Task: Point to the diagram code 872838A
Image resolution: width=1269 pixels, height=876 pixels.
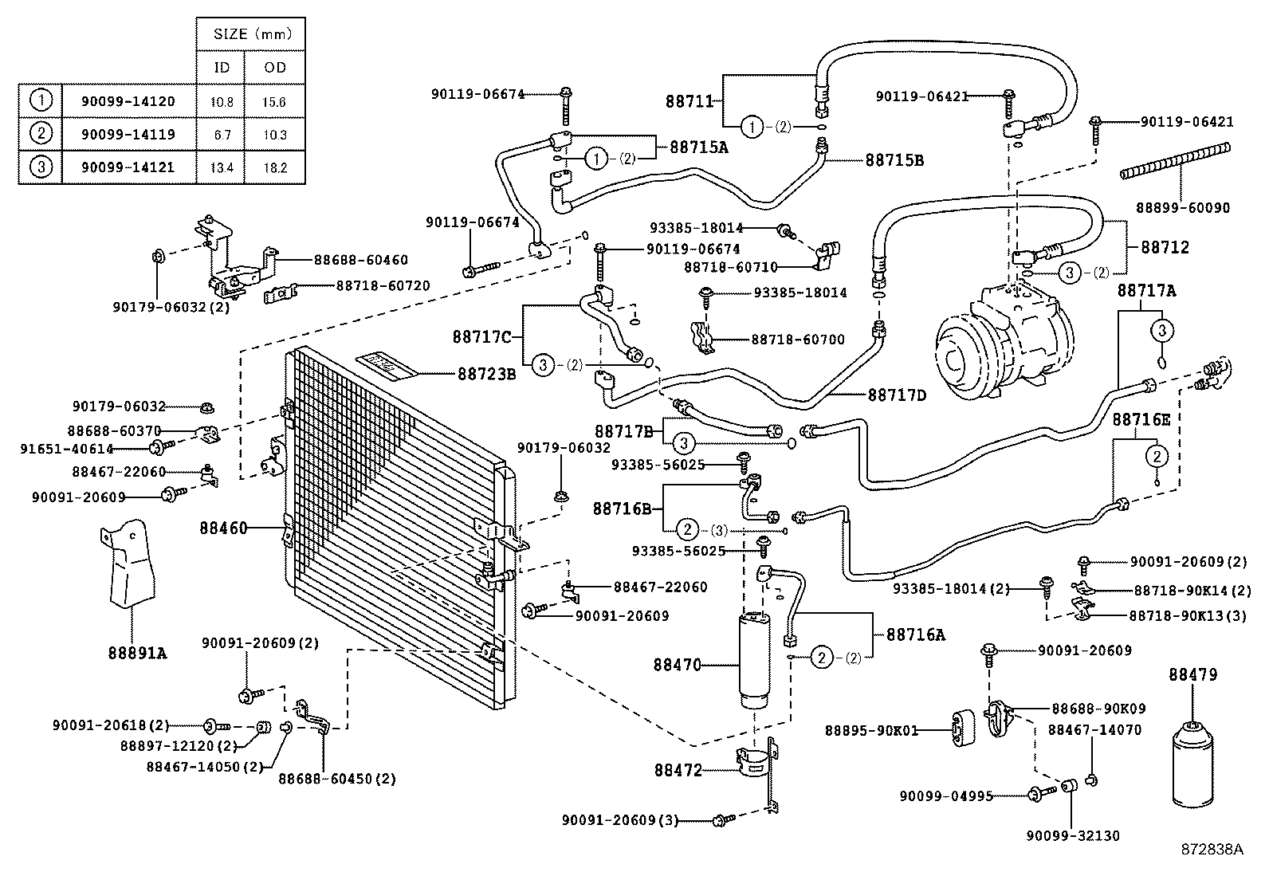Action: (1212, 850)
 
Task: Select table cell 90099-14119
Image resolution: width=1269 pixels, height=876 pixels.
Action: (128, 135)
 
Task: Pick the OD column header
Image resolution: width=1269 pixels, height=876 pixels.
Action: (275, 68)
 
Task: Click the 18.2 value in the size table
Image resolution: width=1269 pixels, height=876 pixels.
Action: (275, 168)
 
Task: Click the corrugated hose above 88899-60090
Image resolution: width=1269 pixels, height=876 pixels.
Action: (1175, 160)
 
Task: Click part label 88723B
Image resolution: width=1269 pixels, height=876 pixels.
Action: (486, 373)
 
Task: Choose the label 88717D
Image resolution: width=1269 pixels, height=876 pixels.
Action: (897, 394)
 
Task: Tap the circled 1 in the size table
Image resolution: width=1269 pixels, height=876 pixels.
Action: (41, 100)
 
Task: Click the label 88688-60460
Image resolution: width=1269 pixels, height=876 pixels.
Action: (360, 260)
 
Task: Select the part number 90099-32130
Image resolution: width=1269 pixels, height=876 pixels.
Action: (1072, 835)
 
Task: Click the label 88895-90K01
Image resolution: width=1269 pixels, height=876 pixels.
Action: (871, 730)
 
